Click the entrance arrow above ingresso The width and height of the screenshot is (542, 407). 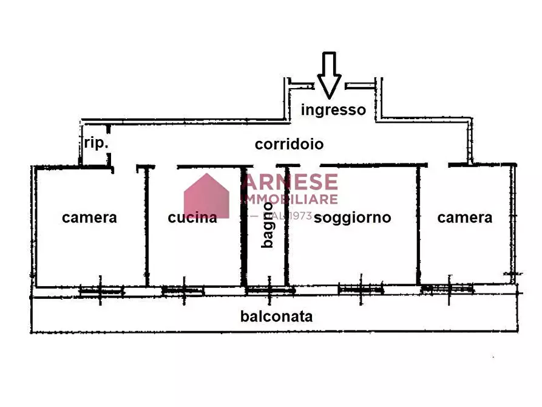click(329, 75)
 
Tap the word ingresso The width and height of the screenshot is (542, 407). click(333, 110)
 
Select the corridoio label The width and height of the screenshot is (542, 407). click(289, 145)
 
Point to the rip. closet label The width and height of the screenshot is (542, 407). click(96, 144)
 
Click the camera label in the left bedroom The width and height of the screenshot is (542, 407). click(89, 217)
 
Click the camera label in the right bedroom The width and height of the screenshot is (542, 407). click(465, 217)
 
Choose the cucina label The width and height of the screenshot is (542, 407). click(192, 217)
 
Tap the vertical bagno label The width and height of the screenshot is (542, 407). click(267, 225)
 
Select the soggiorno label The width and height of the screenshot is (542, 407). click(352, 217)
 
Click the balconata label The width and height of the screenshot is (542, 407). click(277, 316)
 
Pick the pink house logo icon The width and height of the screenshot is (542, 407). click(207, 196)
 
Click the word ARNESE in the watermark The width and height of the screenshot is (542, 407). click(290, 182)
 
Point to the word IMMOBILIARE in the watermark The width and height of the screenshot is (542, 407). click(290, 199)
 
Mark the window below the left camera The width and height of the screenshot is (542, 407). click(101, 291)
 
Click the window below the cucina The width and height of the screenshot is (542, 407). click(182, 291)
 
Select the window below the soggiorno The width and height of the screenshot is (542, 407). click(361, 290)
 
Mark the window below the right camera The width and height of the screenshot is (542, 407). click(447, 290)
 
